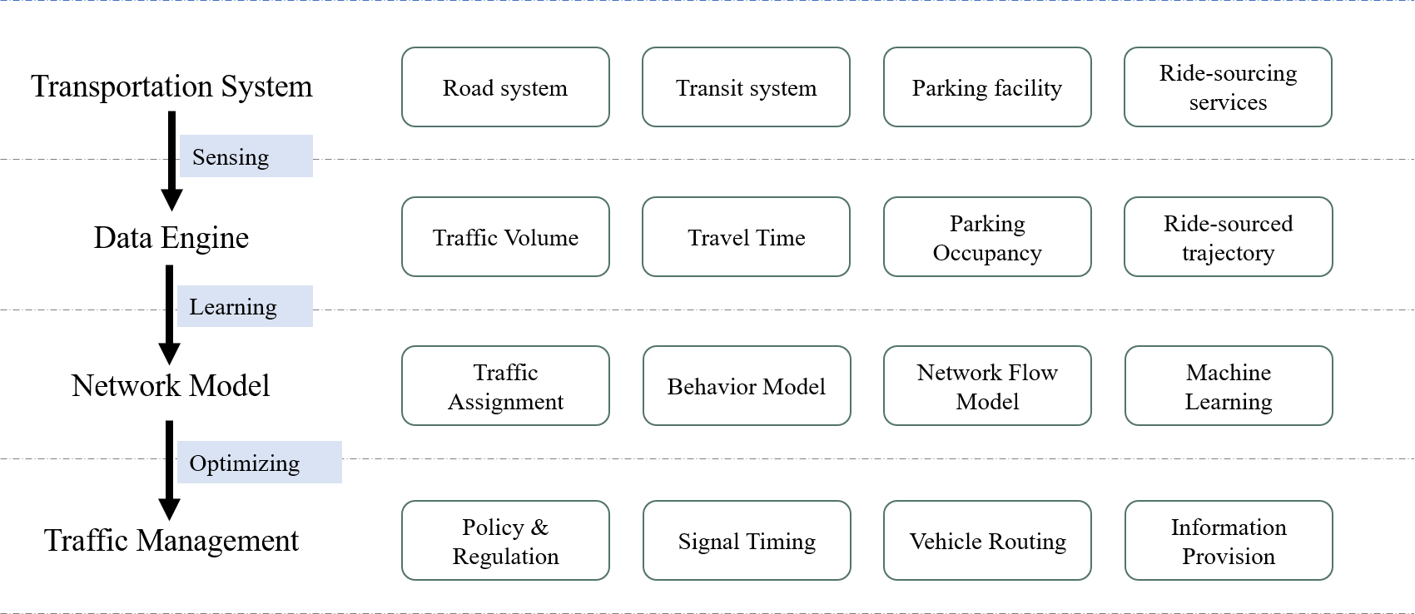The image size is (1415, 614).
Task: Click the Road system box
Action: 505,87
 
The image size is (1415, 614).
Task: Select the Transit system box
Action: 746,87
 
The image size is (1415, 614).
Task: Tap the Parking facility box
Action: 987,87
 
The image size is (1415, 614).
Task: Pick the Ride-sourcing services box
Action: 1228,87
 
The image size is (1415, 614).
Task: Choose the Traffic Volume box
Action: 505,237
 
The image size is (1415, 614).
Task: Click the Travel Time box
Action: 746,237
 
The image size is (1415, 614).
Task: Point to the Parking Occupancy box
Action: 987,237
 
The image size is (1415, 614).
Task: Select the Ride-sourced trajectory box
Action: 1229,237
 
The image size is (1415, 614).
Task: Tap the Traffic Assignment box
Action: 505,386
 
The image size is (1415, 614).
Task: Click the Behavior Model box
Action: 747,386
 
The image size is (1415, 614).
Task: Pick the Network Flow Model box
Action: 987,386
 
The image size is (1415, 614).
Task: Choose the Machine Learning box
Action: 1229,386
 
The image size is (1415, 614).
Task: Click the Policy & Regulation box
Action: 505,541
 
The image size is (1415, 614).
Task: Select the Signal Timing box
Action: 747,541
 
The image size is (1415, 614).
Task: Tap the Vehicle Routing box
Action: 987,541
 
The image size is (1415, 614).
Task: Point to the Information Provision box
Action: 1229,541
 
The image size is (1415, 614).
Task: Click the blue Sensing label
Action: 246,156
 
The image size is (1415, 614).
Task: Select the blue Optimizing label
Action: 260,463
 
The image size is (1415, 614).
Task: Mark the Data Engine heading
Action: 171,238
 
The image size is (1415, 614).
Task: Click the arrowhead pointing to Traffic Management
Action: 169,509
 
